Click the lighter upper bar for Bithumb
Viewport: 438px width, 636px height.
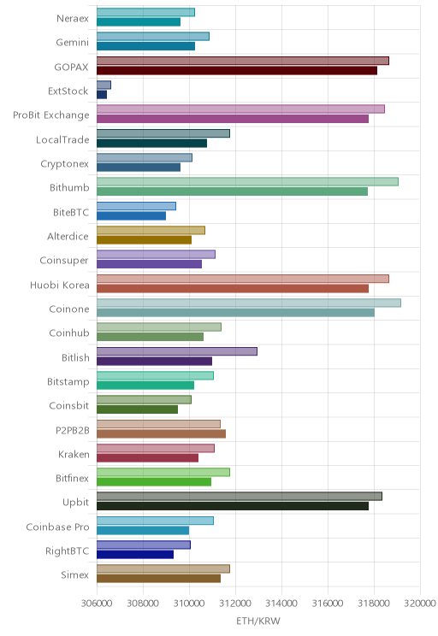(x=247, y=182)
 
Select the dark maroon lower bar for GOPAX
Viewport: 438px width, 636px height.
(x=237, y=71)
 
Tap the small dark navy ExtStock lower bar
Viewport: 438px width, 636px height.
(x=102, y=95)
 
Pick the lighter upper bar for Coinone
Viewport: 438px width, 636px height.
(x=249, y=303)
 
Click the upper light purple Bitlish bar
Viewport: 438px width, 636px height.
(x=176, y=351)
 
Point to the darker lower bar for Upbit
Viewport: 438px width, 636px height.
(x=233, y=506)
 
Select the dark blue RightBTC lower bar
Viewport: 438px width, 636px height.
(x=135, y=555)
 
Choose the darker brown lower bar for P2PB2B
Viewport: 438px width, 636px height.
(x=161, y=433)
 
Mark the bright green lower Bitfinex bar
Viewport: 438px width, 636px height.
(x=154, y=482)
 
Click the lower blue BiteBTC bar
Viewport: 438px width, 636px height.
(x=131, y=215)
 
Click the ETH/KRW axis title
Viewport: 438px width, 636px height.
(x=258, y=621)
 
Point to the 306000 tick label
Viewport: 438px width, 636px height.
(x=97, y=604)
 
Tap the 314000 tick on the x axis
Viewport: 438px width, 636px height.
(x=281, y=604)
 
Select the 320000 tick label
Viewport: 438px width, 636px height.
(x=420, y=604)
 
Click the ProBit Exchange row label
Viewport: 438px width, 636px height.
(x=51, y=115)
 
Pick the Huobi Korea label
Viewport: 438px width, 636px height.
(x=60, y=286)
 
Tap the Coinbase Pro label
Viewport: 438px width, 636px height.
(x=57, y=527)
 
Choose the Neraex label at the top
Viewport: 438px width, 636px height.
(x=73, y=18)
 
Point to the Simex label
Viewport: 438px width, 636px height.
(x=74, y=574)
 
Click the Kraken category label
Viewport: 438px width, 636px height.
(x=74, y=454)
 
